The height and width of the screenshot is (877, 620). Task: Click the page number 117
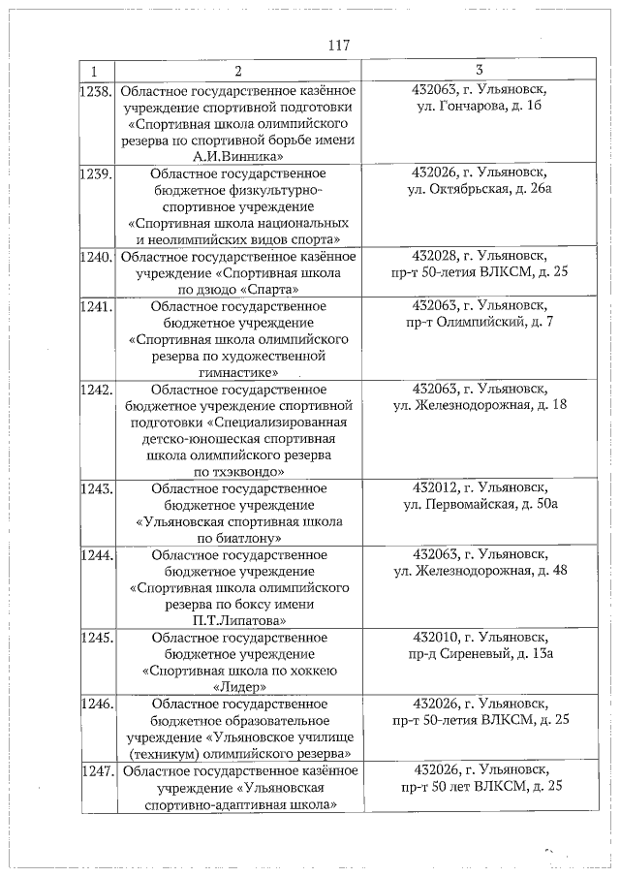click(x=337, y=46)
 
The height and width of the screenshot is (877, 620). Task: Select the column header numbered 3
click(x=480, y=70)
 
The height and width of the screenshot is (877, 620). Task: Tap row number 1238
click(x=96, y=92)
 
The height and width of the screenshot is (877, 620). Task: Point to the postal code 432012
click(x=433, y=487)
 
